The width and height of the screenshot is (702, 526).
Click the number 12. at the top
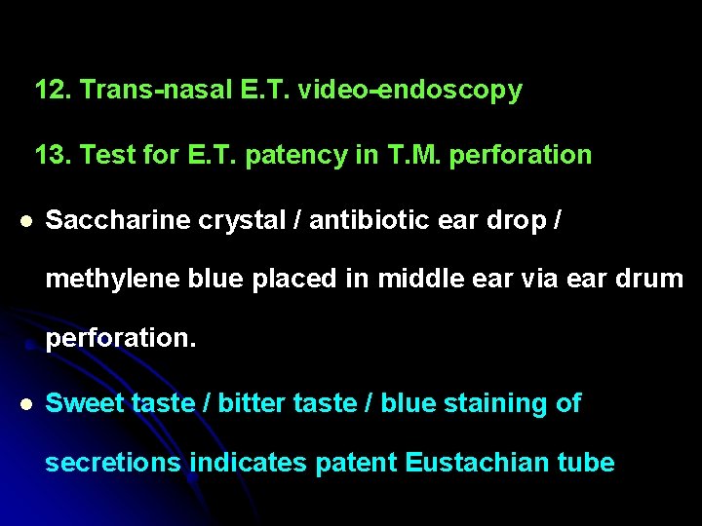[54, 91]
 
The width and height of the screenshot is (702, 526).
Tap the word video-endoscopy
[410, 91]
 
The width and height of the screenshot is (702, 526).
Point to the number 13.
[54, 155]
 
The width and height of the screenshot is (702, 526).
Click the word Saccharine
[118, 220]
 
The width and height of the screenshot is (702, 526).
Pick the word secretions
[113, 462]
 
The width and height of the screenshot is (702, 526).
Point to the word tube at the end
[587, 462]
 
